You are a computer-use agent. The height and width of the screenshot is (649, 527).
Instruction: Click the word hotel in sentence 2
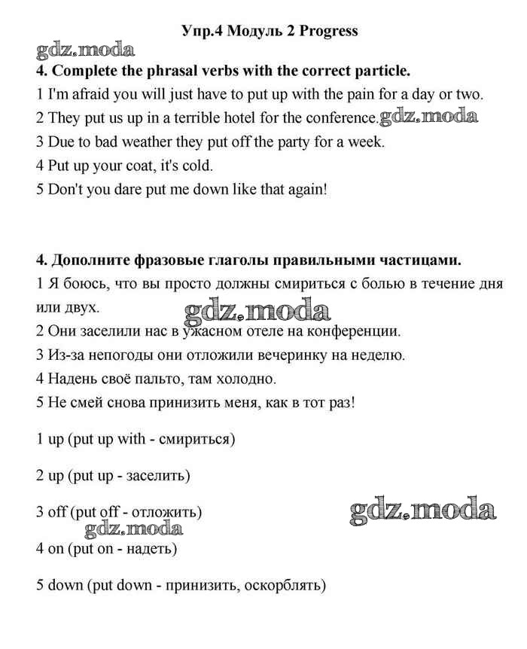[x=236, y=118]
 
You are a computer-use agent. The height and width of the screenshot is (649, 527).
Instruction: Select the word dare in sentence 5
[x=133, y=189]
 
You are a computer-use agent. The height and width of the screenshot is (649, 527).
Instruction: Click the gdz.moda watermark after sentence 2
[x=428, y=117]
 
